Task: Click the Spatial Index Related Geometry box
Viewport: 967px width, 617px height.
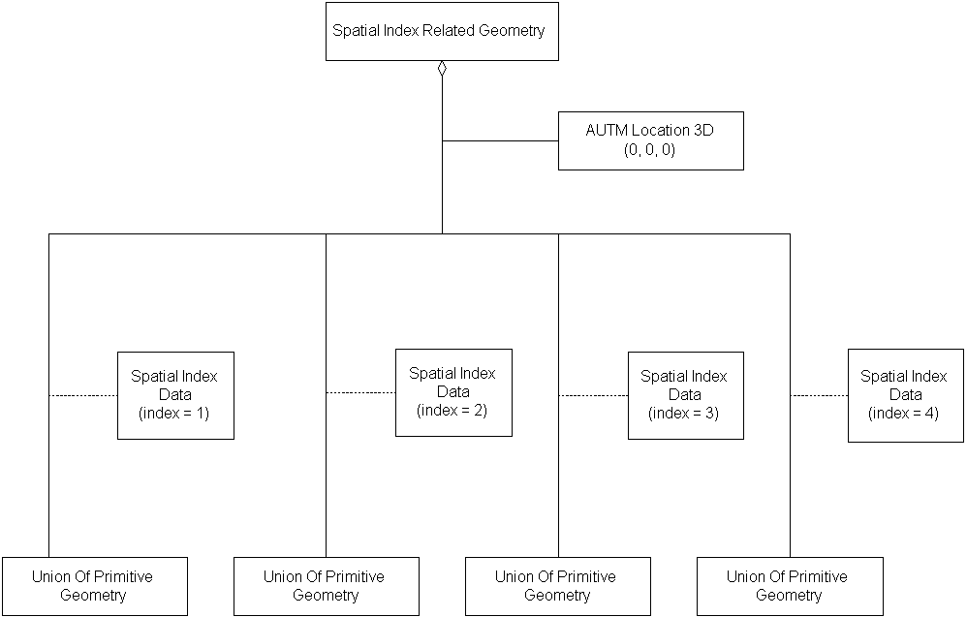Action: click(x=442, y=31)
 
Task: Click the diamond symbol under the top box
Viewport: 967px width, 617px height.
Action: click(x=442, y=68)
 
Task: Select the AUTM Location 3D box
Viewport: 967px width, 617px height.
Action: click(x=650, y=140)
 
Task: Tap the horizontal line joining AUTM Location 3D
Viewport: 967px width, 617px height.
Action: click(x=500, y=140)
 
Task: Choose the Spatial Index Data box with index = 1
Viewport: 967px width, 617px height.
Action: click(x=175, y=395)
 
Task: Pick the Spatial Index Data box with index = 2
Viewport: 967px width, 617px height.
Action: click(x=453, y=392)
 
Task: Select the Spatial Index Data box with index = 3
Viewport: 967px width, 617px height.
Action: click(x=685, y=395)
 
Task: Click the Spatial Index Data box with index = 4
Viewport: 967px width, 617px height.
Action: click(x=905, y=395)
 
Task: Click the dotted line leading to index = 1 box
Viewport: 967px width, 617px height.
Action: click(x=82, y=395)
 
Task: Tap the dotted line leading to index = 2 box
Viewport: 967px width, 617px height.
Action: click(x=360, y=392)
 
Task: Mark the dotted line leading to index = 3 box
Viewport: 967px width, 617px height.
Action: click(x=593, y=395)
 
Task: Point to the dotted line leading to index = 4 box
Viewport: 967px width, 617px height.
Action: click(x=819, y=395)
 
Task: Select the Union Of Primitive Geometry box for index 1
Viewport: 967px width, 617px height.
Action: click(x=94, y=586)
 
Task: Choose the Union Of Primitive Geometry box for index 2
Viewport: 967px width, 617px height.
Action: click(x=327, y=586)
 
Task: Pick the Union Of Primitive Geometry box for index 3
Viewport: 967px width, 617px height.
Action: click(x=557, y=586)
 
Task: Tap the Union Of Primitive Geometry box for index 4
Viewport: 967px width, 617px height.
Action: click(x=790, y=586)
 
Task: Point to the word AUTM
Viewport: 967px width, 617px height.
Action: click(x=607, y=130)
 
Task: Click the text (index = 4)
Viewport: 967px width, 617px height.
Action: click(x=905, y=414)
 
